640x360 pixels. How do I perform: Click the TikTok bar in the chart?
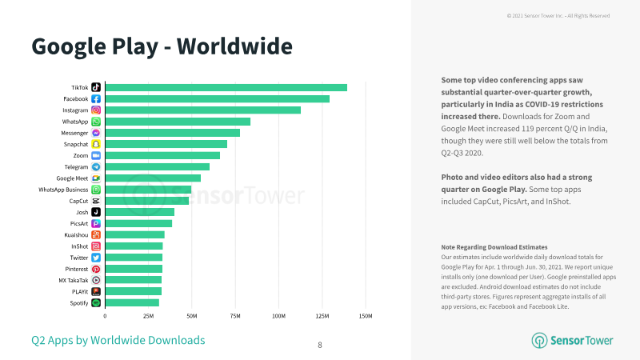click(226, 87)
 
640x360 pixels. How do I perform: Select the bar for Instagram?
click(203, 110)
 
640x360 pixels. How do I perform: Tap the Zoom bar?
click(162, 155)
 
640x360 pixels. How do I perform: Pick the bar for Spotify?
click(132, 303)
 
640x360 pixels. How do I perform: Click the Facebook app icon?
click(96, 98)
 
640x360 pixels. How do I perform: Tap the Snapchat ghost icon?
click(96, 144)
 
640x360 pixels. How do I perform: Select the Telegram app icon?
click(96, 167)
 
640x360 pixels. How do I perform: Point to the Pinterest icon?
click(96, 269)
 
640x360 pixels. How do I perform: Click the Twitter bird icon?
click(96, 258)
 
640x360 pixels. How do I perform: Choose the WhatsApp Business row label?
click(63, 190)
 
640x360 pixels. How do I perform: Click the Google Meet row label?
click(72, 178)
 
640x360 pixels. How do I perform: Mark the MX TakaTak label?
click(74, 281)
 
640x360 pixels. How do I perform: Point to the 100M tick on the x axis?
click(278, 316)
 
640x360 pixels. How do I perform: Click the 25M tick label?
click(149, 316)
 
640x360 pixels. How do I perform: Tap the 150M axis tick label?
click(366, 316)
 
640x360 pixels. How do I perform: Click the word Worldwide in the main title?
click(234, 46)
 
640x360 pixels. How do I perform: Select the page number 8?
click(320, 346)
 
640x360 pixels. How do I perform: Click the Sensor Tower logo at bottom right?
click(572, 341)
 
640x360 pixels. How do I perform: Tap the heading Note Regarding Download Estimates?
click(494, 247)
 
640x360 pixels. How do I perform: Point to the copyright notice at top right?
click(558, 15)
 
